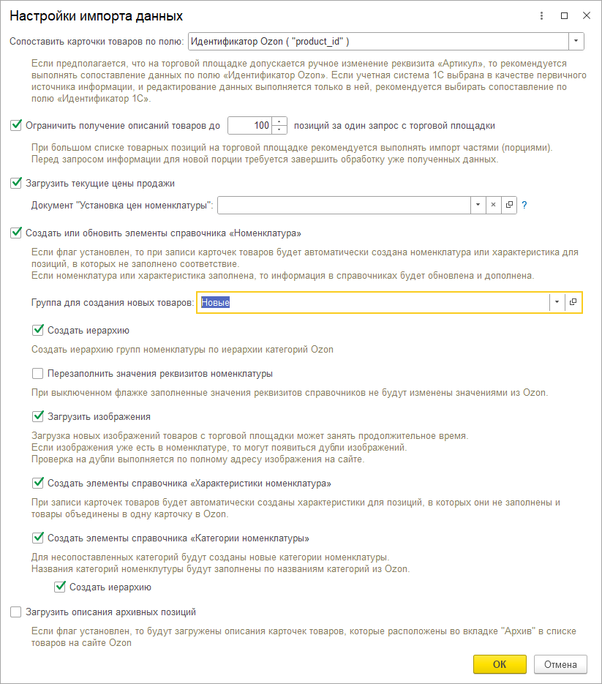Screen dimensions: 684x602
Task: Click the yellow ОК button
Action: [500, 664]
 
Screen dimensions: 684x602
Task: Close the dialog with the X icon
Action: [587, 15]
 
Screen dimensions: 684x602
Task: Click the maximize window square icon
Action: [564, 15]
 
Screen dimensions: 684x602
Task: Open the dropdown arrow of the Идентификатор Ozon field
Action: [576, 41]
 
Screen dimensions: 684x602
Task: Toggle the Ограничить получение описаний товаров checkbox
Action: [16, 125]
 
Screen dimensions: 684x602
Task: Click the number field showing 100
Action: [249, 126]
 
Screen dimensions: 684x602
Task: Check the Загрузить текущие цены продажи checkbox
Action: [16, 183]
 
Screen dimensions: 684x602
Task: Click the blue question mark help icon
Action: [524, 206]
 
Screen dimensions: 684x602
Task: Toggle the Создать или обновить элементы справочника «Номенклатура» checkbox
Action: [16, 233]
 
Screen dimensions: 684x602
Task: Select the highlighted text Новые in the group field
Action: [216, 302]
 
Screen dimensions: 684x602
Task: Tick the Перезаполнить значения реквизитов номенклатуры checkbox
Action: [38, 373]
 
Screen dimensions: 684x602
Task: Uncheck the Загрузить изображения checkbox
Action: [38, 416]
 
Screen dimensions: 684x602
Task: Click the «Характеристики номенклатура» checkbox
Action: [38, 483]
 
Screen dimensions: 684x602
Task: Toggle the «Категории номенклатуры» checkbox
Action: [38, 538]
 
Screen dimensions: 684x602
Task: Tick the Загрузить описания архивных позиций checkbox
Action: [16, 612]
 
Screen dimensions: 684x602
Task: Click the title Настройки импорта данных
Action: [96, 15]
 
